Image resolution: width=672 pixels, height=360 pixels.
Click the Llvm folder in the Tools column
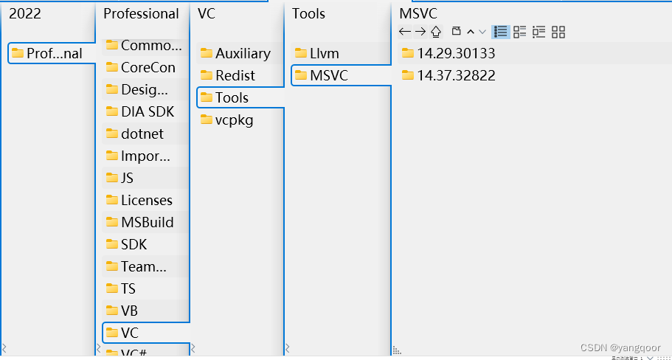pos(323,54)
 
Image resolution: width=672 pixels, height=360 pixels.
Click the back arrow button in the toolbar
pos(404,32)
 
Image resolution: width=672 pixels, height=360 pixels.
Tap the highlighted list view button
pos(501,32)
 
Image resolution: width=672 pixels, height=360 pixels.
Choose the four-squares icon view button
pos(558,32)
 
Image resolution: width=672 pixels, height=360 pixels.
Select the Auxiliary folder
pos(242,54)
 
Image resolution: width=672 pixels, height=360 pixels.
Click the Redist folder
pos(235,76)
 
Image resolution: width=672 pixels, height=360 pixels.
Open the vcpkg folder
pos(234,120)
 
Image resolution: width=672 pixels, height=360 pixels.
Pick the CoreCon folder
pos(148,68)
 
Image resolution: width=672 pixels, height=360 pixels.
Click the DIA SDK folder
pos(147,112)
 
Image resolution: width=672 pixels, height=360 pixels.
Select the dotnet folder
pos(142,134)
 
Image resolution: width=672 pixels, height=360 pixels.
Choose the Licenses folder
pos(146,201)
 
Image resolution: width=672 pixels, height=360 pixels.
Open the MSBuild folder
pos(147,223)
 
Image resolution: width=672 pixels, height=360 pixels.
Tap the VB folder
pos(129,311)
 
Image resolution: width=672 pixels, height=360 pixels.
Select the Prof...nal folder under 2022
pos(53,54)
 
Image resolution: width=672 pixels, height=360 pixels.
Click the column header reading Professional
pos(141,14)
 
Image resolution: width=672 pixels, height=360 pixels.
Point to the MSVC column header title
pos(418,14)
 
